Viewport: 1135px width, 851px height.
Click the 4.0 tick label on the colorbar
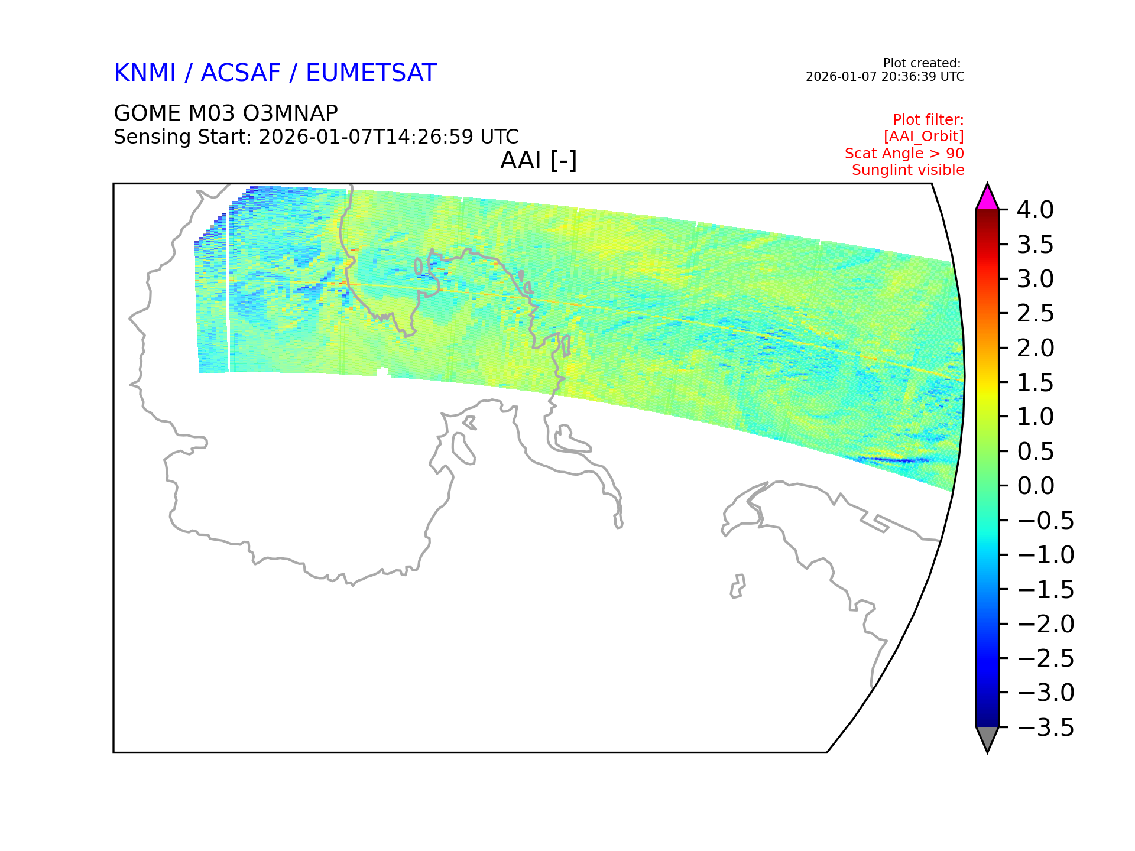(x=1035, y=210)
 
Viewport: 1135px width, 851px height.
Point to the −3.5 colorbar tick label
(x=1046, y=727)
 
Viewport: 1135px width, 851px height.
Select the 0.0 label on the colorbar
(x=1036, y=486)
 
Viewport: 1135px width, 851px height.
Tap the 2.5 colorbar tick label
(x=1036, y=313)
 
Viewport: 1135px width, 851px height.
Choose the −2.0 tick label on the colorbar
(x=1046, y=624)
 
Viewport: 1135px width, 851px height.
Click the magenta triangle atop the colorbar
(x=987, y=198)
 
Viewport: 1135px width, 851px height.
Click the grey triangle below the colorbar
(x=987, y=739)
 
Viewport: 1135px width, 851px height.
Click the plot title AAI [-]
(x=539, y=161)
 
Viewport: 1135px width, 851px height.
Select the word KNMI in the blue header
(x=145, y=73)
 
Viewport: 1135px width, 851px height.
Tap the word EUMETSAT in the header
(x=371, y=73)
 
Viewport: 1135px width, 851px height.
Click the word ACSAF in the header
(x=241, y=73)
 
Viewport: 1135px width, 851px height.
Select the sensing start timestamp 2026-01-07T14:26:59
(x=367, y=137)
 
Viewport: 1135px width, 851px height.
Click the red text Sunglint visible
(x=908, y=170)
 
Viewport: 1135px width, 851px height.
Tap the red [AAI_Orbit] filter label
(x=924, y=137)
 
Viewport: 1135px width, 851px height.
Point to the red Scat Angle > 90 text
(x=904, y=154)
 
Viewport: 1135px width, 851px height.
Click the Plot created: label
(x=922, y=63)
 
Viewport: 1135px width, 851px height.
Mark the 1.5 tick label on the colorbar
(x=1036, y=382)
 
